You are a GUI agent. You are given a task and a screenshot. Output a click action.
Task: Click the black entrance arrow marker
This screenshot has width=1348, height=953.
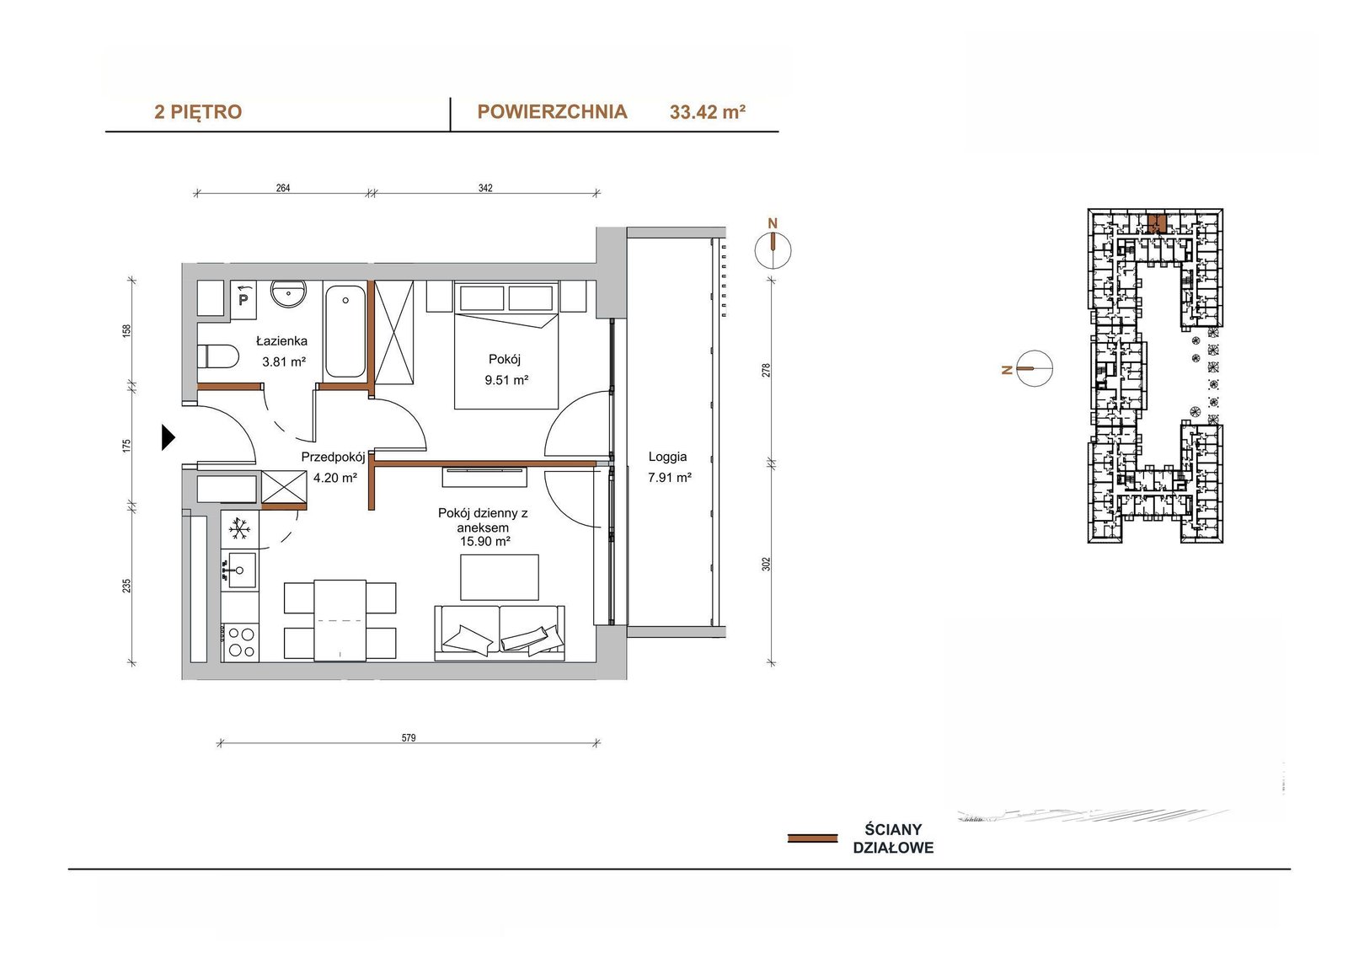pos(168,437)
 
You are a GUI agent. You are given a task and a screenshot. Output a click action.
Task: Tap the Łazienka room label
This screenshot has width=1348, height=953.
pos(281,341)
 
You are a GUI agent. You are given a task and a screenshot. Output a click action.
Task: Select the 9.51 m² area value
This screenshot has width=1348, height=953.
pos(506,380)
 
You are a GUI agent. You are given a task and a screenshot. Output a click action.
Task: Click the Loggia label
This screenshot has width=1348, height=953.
pos(667,457)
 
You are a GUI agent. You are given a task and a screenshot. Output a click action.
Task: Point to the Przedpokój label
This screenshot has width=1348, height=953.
pos(333,457)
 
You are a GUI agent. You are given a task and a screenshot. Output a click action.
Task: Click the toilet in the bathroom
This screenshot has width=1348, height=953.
pos(218,356)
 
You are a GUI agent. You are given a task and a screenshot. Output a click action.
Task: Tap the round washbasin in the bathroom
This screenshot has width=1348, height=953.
pos(289,294)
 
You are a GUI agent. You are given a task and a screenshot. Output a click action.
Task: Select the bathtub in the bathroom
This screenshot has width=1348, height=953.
pos(345,331)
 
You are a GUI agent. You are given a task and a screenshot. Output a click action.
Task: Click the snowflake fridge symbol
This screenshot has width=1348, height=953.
pos(239,529)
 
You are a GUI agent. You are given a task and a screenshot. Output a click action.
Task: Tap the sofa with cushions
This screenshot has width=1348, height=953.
pos(500,633)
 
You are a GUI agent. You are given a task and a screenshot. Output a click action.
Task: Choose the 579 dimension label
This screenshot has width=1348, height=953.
pos(409,738)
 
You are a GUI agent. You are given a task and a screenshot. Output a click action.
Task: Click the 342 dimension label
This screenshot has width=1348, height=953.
pos(485,188)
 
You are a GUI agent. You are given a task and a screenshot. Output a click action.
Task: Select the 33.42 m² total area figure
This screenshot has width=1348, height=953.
pos(708,112)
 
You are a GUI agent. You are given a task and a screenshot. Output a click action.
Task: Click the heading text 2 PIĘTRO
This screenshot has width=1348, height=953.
pos(198,112)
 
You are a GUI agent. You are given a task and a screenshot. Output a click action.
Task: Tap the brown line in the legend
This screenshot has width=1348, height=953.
pos(812,838)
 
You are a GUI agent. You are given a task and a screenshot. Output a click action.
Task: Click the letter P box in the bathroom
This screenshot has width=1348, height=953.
pos(243,298)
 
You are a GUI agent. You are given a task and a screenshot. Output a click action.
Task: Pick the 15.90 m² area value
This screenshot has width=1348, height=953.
pos(485,541)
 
